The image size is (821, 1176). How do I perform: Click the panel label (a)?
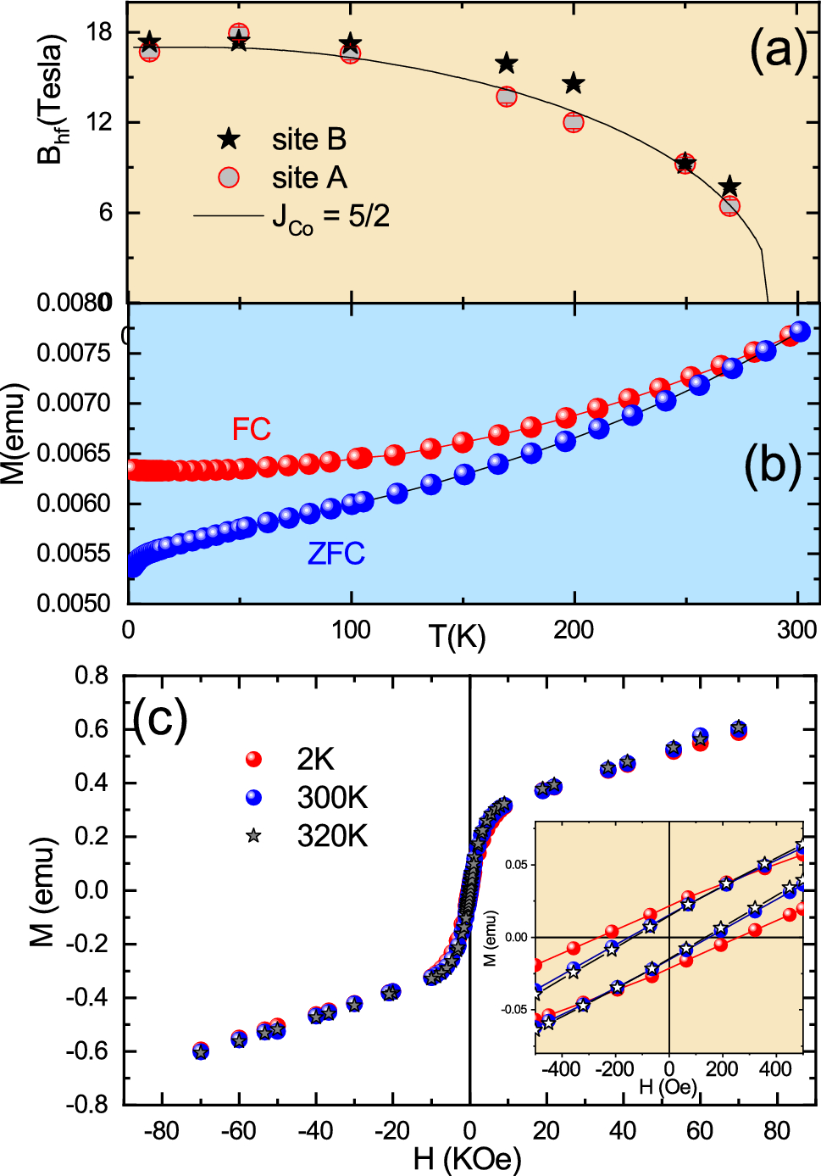pos(778,50)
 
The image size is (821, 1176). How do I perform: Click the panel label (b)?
pos(772,465)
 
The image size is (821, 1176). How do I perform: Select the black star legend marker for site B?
pos(229,140)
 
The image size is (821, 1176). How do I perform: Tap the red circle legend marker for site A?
pos(229,178)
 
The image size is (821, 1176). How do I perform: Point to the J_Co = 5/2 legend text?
pos(330,217)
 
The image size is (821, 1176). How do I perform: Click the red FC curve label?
pos(252,429)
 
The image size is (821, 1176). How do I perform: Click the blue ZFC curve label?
pos(336,554)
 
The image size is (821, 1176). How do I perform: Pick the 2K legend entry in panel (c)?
pos(315,759)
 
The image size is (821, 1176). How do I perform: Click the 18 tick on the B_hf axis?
pos(99,32)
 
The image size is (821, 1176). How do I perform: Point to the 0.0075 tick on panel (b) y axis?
pos(74,353)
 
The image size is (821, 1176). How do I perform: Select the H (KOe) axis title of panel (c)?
pos(467,1158)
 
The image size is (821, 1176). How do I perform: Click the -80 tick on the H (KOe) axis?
pos(161,1130)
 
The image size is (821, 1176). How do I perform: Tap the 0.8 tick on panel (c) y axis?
pos(92,676)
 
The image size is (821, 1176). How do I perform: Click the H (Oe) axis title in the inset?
pos(668,1086)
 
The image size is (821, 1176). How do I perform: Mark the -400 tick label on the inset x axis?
pos(561,1068)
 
